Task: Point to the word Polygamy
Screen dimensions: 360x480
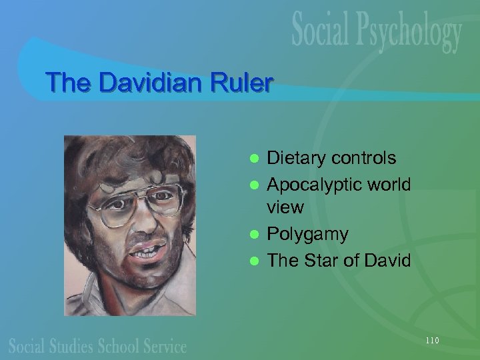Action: point(307,234)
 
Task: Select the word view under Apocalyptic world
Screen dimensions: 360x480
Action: point(285,207)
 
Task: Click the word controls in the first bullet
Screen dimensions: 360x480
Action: point(365,159)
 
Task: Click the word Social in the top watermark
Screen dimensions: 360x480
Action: point(319,31)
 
